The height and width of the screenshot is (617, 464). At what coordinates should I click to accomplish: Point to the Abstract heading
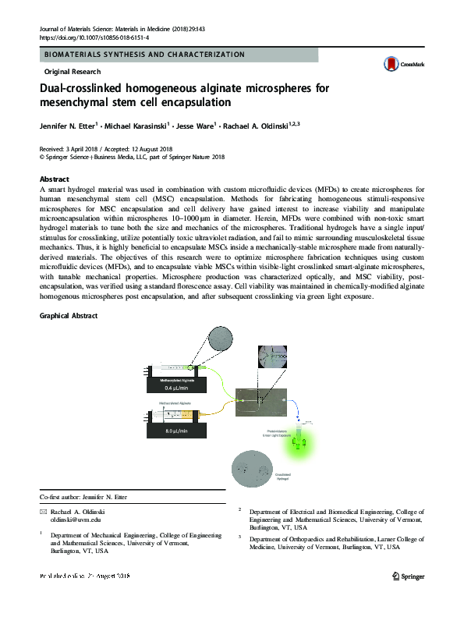(54, 179)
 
